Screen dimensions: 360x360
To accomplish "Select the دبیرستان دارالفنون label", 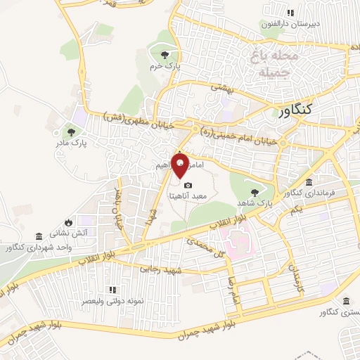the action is click(290, 23).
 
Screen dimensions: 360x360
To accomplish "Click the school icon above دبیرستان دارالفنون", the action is click(290, 12).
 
